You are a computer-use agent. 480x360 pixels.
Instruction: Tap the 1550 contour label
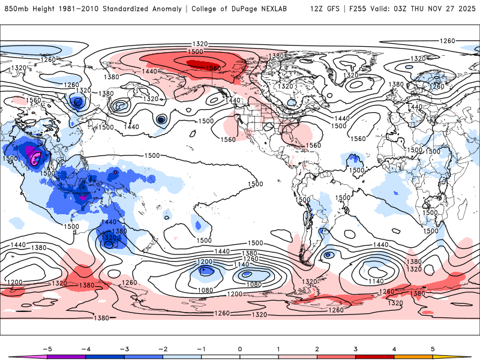(212, 68)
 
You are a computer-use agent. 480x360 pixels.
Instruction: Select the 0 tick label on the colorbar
(240, 348)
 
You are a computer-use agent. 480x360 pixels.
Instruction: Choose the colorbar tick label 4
(395, 348)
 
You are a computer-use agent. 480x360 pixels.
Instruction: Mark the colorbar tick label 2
(317, 348)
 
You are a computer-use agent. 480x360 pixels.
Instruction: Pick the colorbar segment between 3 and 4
(375, 356)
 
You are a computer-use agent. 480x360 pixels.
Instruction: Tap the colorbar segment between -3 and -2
(143, 356)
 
